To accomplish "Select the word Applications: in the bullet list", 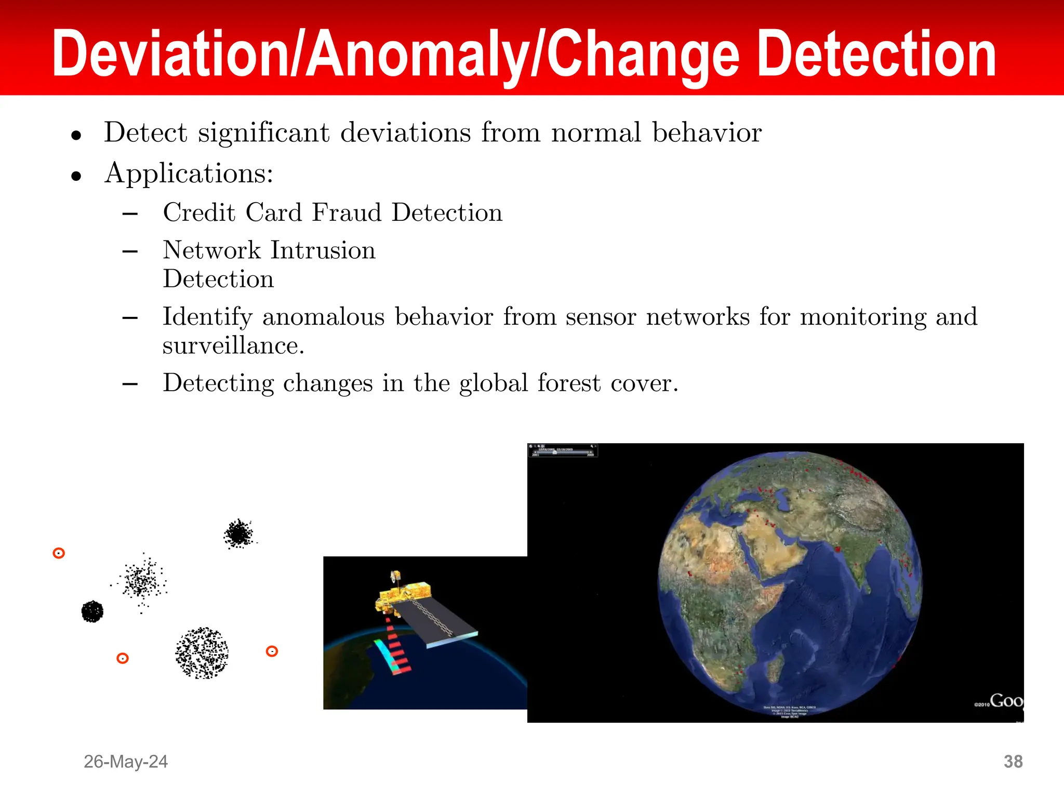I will pos(189,173).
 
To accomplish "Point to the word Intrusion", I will pos(323,250).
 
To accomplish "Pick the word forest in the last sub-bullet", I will pos(569,383).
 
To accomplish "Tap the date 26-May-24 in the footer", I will pos(126,762).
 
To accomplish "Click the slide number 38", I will pos(1013,762).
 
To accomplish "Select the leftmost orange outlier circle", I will pos(59,553).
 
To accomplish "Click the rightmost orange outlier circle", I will pos(272,651).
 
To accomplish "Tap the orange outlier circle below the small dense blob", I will pos(123,659).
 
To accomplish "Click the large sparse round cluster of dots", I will pos(202,653).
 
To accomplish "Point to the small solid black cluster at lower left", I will pos(92,611).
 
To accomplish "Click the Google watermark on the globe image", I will pos(1005,701).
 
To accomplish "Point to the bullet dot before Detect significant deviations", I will pos(76,136).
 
